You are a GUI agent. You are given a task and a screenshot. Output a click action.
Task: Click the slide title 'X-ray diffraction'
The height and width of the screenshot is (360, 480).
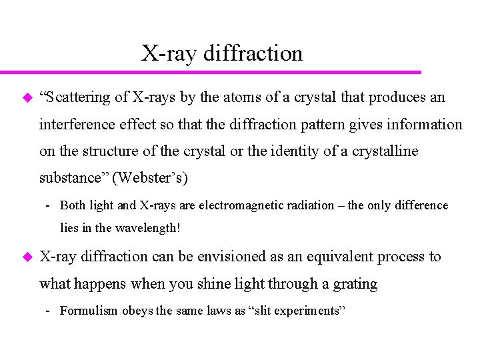[222, 53]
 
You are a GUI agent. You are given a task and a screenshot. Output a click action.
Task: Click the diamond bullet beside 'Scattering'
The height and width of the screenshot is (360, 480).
[27, 98]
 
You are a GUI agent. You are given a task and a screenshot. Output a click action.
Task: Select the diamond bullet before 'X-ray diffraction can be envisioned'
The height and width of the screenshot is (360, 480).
[27, 257]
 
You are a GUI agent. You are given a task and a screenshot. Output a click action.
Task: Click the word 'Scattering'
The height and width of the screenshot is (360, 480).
[77, 97]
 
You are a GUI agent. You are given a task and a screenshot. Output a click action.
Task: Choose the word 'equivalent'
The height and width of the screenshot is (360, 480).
[327, 257]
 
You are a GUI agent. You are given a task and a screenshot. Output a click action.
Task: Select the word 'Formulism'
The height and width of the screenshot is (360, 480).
[89, 310]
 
